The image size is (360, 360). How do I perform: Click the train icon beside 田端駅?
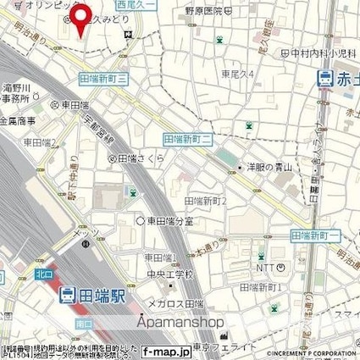[65, 295]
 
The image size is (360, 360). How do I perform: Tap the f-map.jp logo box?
[166, 350]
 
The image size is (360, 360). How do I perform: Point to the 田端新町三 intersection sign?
[103, 77]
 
